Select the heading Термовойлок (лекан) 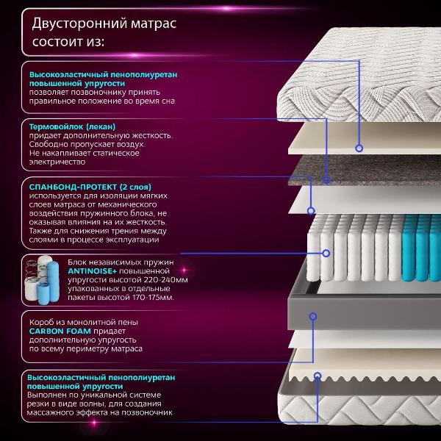(73, 126)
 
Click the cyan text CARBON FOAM (61, 331)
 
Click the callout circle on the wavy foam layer (318, 375)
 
